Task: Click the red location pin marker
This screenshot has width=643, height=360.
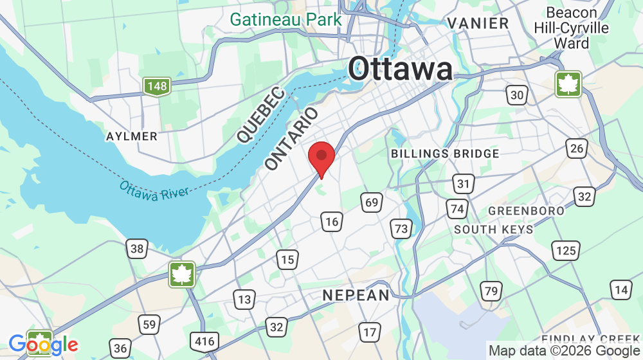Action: (x=321, y=158)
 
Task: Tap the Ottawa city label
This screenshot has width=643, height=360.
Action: (x=400, y=69)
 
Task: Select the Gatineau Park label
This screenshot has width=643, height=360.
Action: (x=286, y=19)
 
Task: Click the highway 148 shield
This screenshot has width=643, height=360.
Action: (x=156, y=86)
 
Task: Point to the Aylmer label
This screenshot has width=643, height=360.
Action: (x=132, y=136)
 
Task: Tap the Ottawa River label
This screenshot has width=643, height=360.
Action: (x=154, y=190)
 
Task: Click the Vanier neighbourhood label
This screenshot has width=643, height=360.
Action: (x=478, y=23)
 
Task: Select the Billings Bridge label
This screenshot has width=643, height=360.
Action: (x=445, y=154)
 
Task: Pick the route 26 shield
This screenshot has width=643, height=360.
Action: (x=577, y=148)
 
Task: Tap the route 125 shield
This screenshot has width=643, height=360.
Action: (x=566, y=249)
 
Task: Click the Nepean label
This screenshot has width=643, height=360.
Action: (x=356, y=295)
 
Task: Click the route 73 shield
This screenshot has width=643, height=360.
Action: (x=401, y=228)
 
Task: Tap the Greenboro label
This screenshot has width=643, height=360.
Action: (x=526, y=211)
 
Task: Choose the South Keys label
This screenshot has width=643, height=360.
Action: (x=493, y=230)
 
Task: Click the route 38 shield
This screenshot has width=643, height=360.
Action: (x=137, y=249)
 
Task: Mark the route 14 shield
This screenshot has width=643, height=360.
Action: (x=620, y=290)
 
